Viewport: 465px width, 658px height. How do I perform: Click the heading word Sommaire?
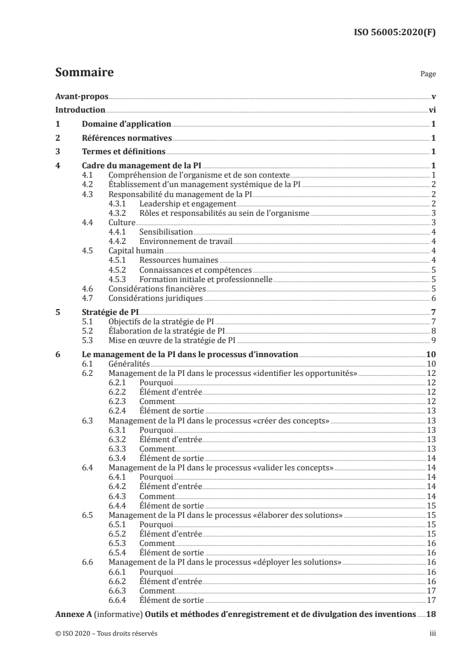(84, 73)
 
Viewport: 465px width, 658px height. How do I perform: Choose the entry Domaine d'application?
(126, 124)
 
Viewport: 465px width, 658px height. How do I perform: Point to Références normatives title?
(127, 138)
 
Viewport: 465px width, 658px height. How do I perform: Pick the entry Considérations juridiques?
(156, 298)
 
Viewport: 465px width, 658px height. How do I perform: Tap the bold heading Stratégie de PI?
(108, 312)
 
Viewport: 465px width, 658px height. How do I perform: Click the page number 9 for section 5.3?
(432, 340)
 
